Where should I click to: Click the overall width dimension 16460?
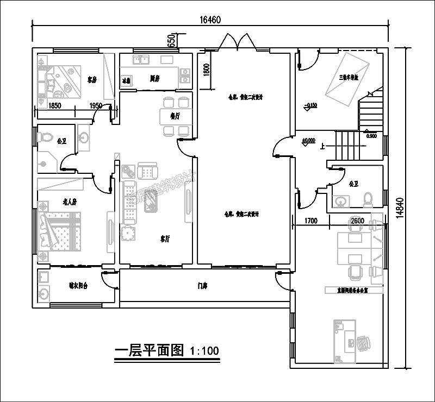click(x=210, y=20)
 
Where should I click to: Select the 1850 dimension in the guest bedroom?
click(x=55, y=106)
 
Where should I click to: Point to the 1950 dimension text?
click(x=96, y=106)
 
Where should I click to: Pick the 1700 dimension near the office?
click(x=310, y=221)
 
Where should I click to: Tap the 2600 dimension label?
click(x=357, y=221)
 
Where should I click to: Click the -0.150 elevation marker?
click(x=311, y=105)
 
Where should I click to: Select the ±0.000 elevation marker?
click(x=308, y=140)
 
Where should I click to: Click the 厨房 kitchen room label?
click(x=154, y=78)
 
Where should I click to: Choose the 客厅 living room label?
click(x=165, y=238)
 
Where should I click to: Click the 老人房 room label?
click(x=69, y=202)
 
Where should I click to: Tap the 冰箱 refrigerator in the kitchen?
click(x=126, y=80)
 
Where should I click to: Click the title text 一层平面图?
click(x=150, y=350)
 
